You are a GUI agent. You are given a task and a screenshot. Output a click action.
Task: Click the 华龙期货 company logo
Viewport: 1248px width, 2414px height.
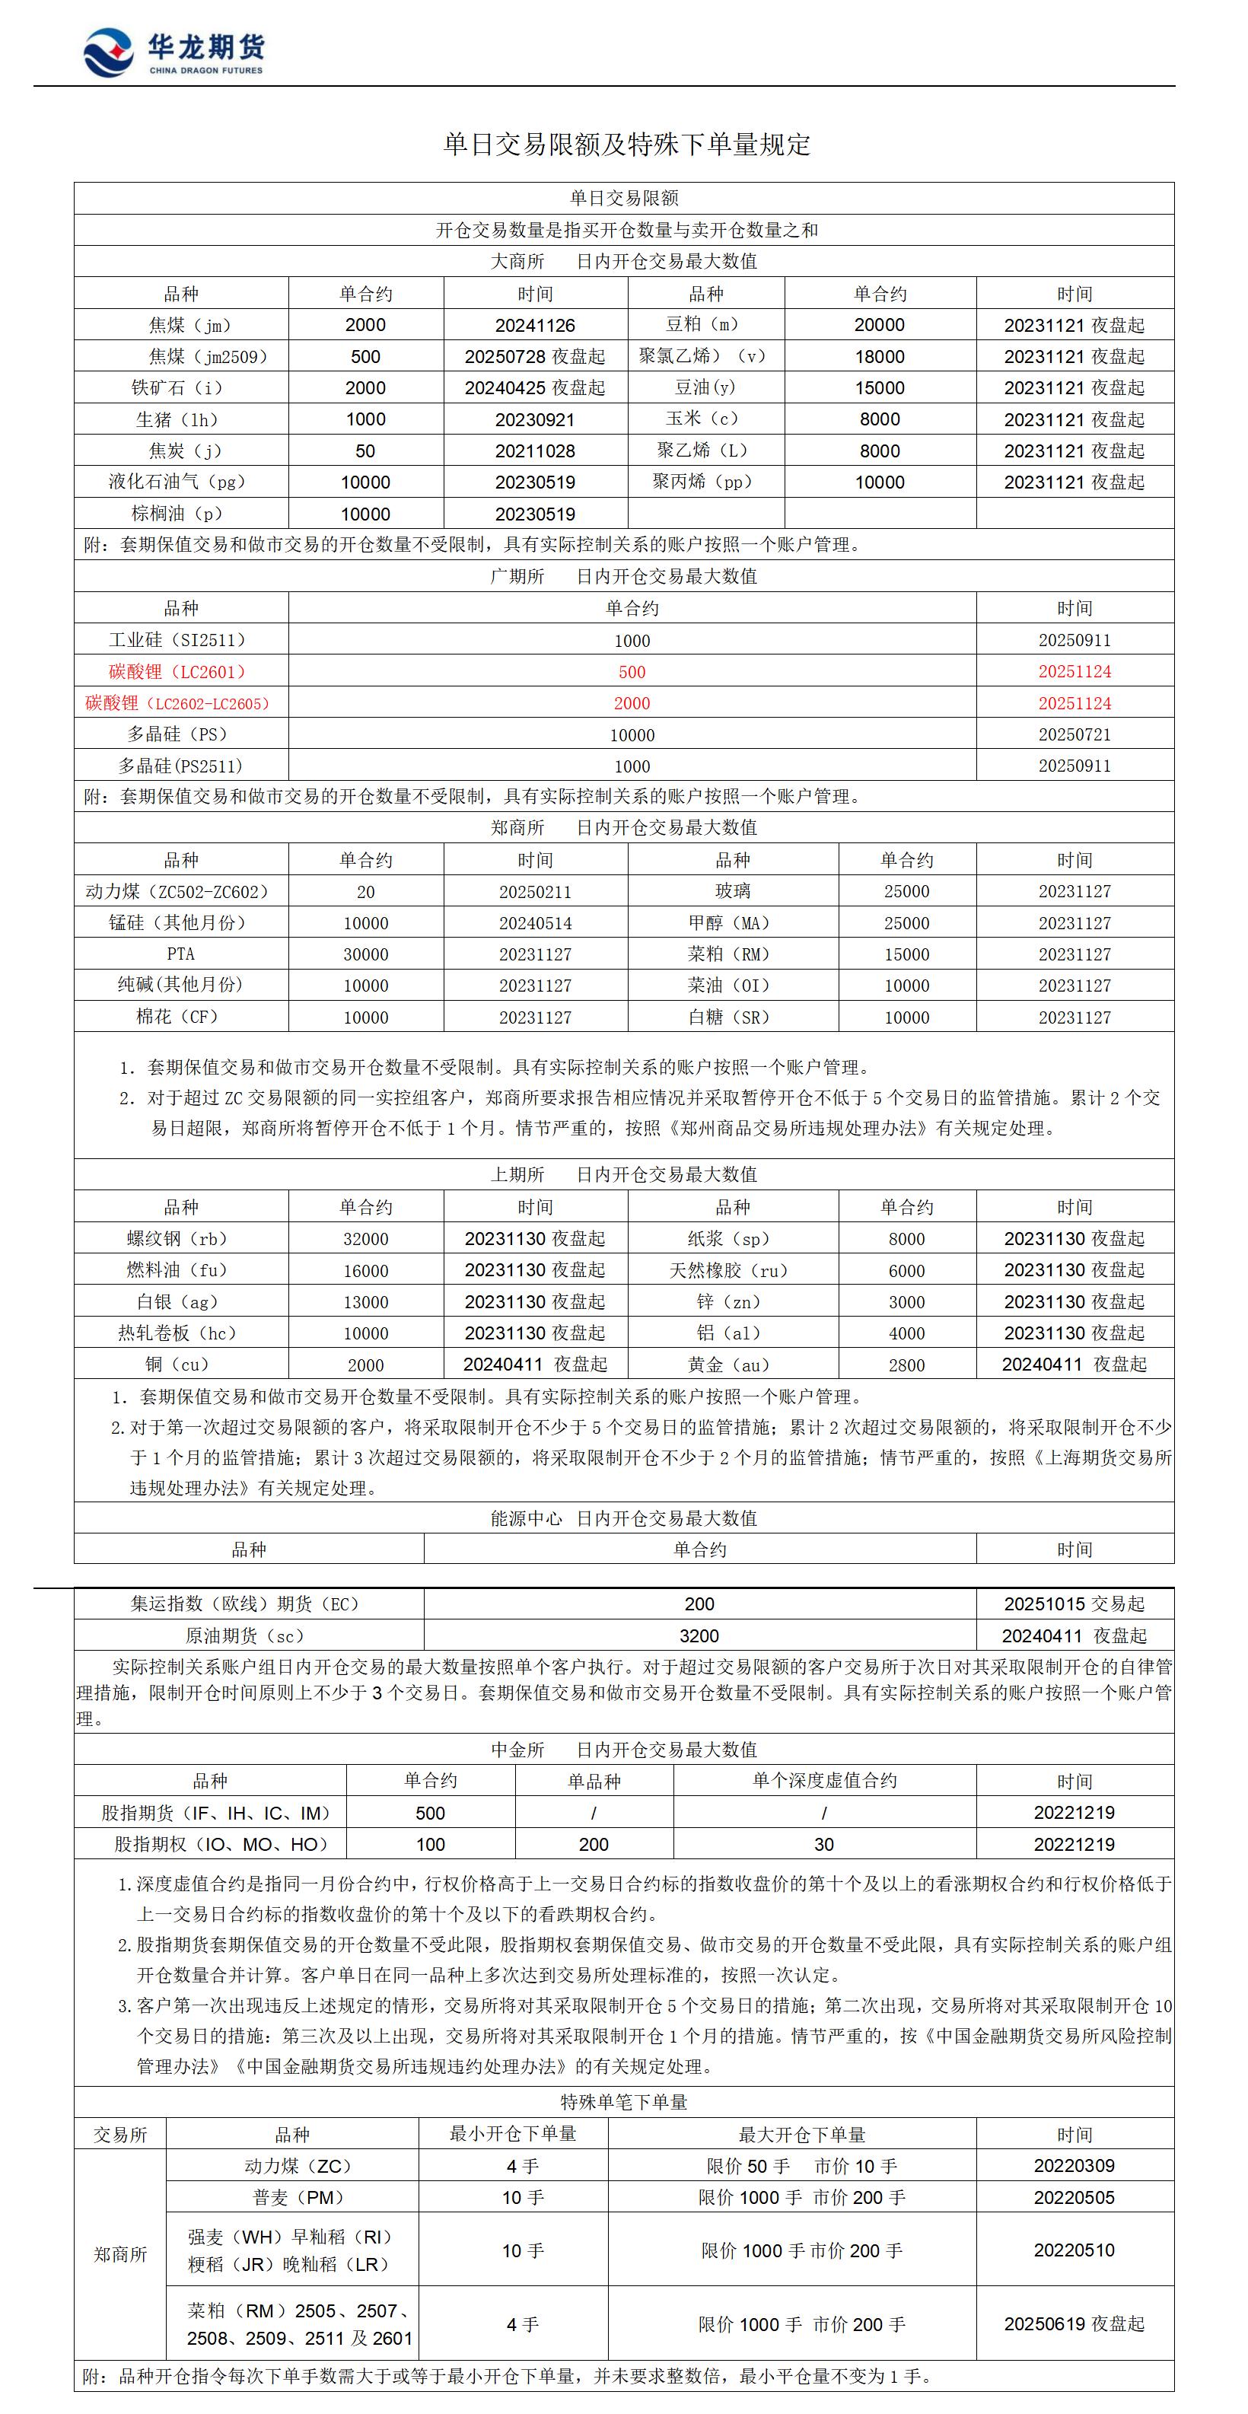pos(174,52)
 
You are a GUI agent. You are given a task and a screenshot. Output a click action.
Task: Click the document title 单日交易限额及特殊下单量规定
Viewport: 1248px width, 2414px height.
pos(626,145)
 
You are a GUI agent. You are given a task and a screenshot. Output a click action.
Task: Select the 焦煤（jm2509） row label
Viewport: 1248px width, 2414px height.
pos(208,356)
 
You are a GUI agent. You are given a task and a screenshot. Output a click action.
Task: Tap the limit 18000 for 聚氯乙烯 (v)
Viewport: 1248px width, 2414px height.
pos(879,357)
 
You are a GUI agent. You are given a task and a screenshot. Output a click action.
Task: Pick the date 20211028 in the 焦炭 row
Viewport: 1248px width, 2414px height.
pos(535,451)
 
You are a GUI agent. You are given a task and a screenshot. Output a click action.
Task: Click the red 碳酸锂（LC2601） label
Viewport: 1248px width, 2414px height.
pos(177,672)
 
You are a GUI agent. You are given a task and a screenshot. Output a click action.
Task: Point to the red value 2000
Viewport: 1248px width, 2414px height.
pos(632,704)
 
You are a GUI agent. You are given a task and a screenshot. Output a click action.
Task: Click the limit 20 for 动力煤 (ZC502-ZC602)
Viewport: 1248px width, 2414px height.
pos(365,892)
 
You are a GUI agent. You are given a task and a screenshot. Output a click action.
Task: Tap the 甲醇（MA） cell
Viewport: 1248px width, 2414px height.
pos(732,923)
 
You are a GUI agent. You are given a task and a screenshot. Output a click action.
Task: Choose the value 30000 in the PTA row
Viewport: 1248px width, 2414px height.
pos(365,954)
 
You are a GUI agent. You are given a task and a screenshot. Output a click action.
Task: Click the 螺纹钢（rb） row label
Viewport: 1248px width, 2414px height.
pos(177,1239)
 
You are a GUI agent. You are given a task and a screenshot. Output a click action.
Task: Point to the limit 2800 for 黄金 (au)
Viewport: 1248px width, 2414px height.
pos(906,1365)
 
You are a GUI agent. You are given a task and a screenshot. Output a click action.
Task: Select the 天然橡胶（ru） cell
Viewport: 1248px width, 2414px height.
pos(732,1271)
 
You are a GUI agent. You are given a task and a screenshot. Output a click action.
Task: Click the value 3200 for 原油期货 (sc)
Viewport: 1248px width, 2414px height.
pos(699,1636)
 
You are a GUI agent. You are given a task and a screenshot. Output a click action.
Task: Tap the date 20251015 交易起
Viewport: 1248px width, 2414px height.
pos(1074,1604)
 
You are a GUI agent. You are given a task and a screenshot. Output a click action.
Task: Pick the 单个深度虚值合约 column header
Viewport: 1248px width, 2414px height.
pos(823,1781)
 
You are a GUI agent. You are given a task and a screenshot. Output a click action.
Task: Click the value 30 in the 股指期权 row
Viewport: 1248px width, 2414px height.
pos(823,1844)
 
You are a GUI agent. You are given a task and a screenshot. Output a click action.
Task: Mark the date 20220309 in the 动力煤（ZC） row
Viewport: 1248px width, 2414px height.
pos(1074,2166)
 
